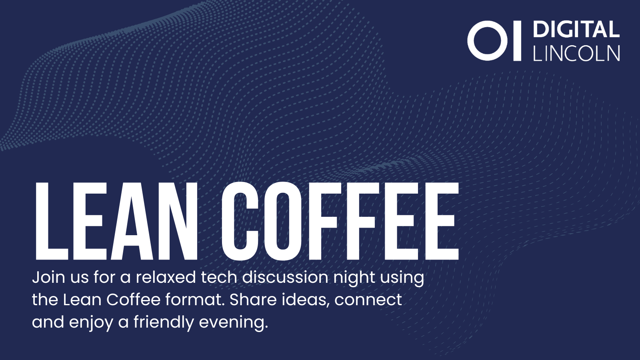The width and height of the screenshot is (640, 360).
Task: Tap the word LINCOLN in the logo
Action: (x=576, y=53)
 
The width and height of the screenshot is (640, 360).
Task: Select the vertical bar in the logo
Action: (x=518, y=40)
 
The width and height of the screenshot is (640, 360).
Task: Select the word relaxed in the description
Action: (x=166, y=277)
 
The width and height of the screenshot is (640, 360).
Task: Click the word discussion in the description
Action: (x=286, y=277)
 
